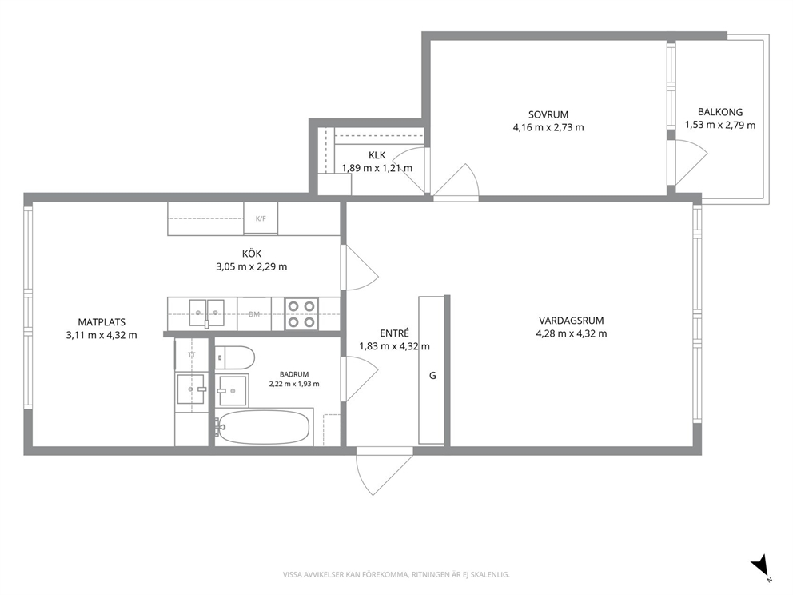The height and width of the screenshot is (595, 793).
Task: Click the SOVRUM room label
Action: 548,114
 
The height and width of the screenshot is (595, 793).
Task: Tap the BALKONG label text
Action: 720,112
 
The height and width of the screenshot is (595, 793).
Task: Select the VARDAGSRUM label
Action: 571,320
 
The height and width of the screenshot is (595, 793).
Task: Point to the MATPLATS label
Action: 102,321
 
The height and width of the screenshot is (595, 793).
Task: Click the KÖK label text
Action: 251,254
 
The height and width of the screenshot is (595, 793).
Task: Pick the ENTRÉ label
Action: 394,333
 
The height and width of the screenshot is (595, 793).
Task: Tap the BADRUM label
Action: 294,374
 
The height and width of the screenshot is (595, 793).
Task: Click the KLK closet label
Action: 377,155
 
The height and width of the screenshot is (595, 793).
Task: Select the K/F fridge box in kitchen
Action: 261,218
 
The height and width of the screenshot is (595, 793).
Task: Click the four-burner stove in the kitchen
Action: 301,313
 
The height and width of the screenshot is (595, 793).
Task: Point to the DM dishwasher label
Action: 254,314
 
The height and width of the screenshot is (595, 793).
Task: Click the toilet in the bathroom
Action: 235,357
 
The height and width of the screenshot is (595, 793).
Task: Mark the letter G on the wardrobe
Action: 432,376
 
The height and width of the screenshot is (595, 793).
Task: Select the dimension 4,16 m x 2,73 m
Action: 548,127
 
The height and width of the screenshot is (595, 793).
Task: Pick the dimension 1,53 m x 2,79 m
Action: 720,125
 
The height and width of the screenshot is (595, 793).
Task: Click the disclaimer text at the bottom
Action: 396,574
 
